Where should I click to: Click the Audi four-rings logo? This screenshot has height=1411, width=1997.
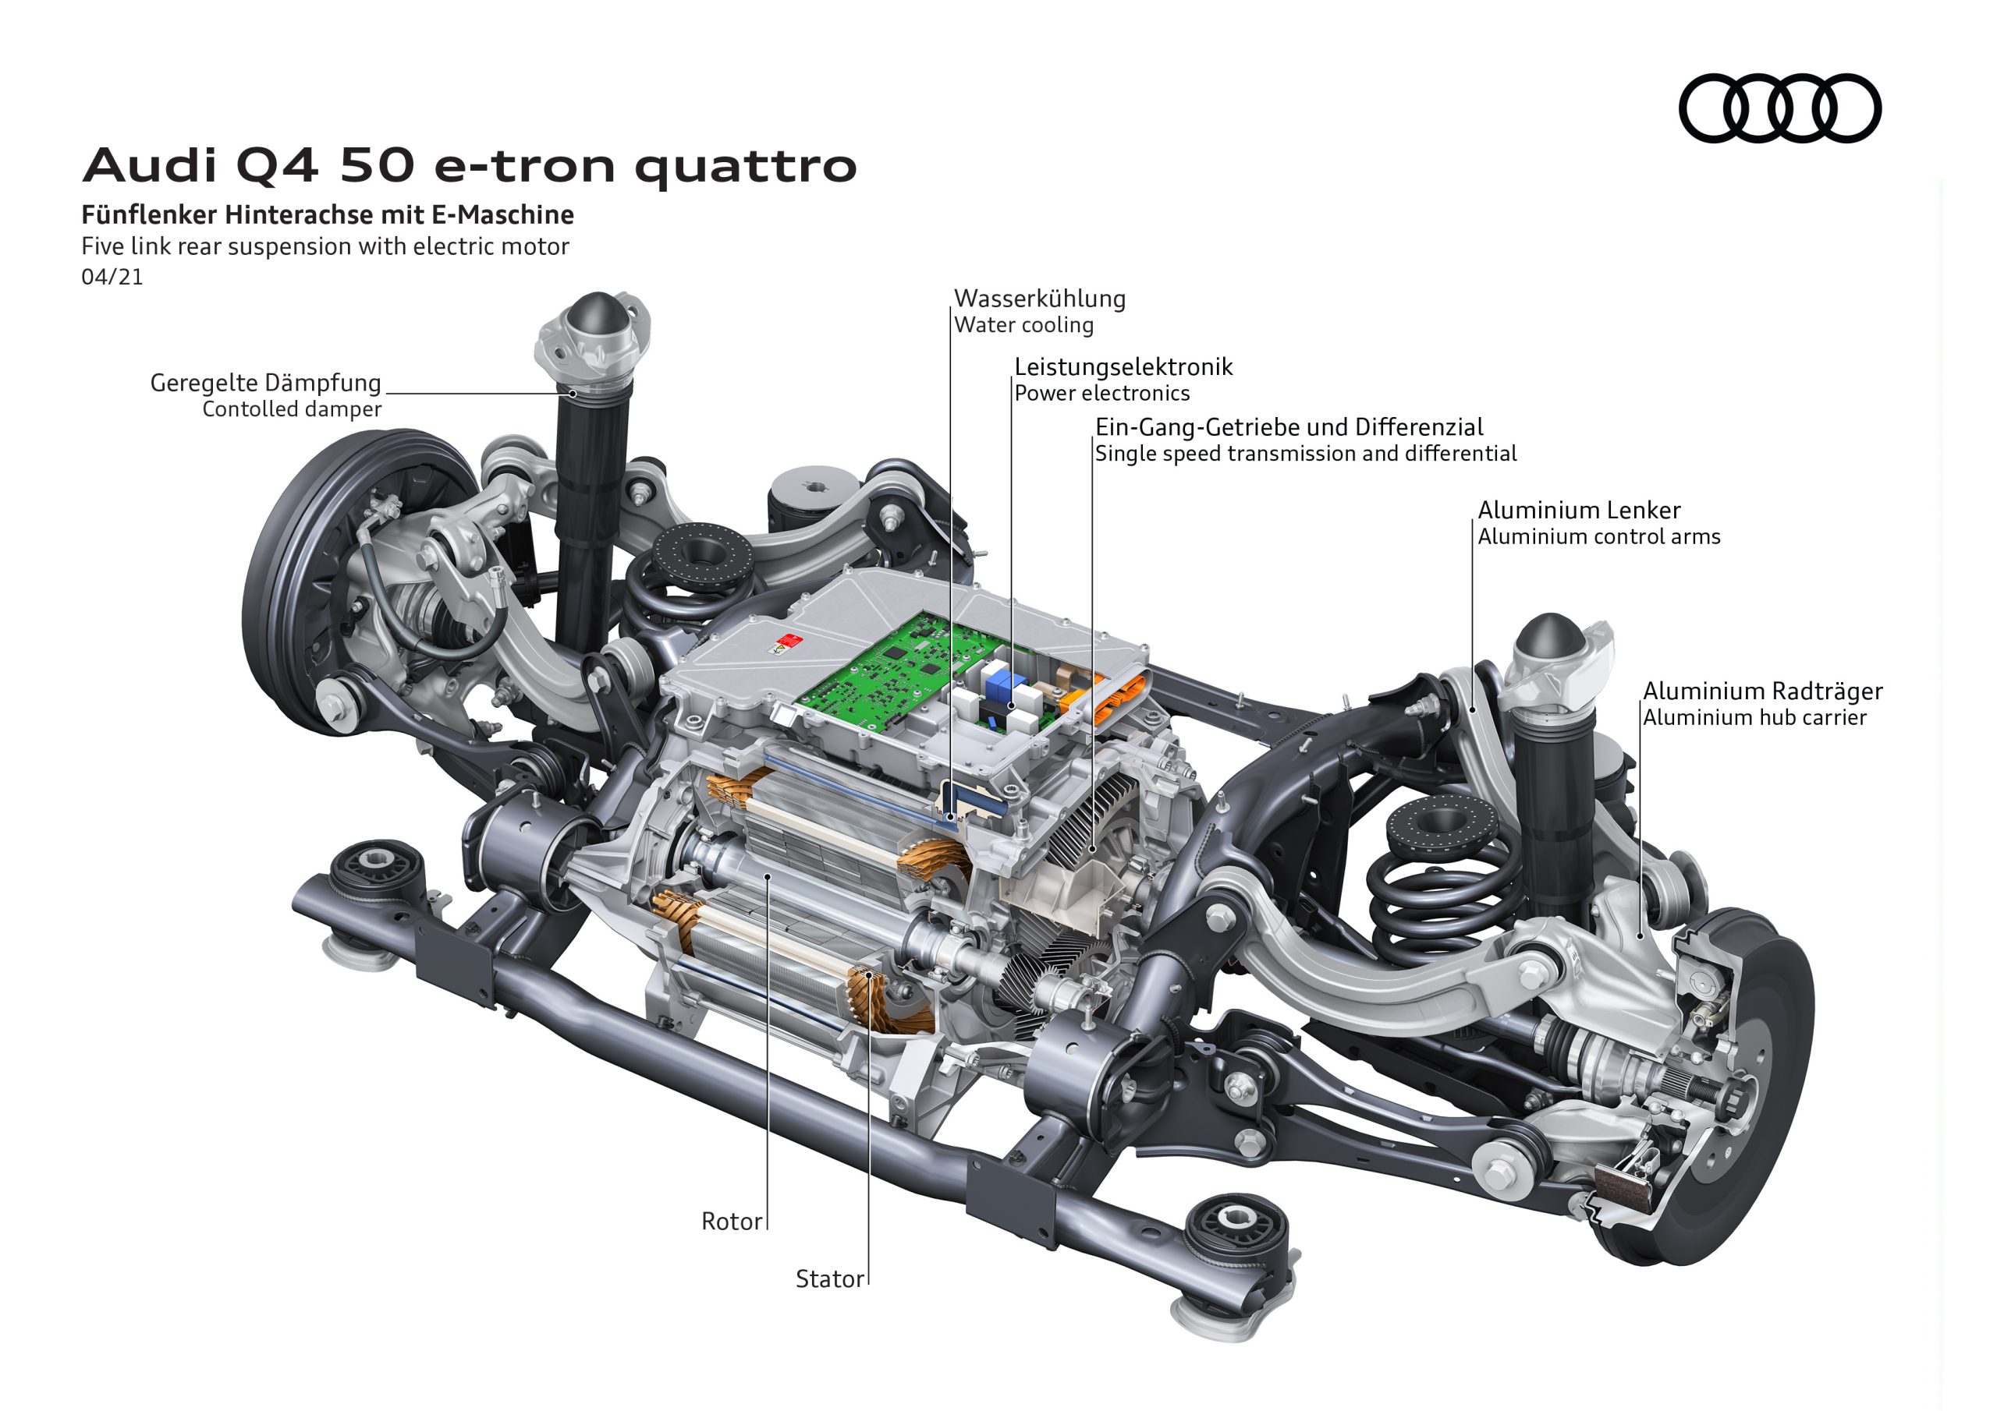click(x=1779, y=108)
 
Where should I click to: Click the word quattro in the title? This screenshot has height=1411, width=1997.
click(x=746, y=167)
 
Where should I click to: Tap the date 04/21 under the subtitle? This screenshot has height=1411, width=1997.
click(x=112, y=278)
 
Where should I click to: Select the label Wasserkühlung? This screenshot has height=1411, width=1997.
click(x=1039, y=299)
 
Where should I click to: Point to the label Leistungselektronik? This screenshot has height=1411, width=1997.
click(x=1123, y=367)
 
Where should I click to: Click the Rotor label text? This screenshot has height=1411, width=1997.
click(x=732, y=1222)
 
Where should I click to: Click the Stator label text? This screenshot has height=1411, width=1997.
click(x=829, y=1278)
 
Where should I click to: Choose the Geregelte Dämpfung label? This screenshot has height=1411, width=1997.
click(x=265, y=383)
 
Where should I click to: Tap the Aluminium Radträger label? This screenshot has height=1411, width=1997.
click(x=1762, y=691)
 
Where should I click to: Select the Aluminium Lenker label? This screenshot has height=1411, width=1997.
click(x=1579, y=511)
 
